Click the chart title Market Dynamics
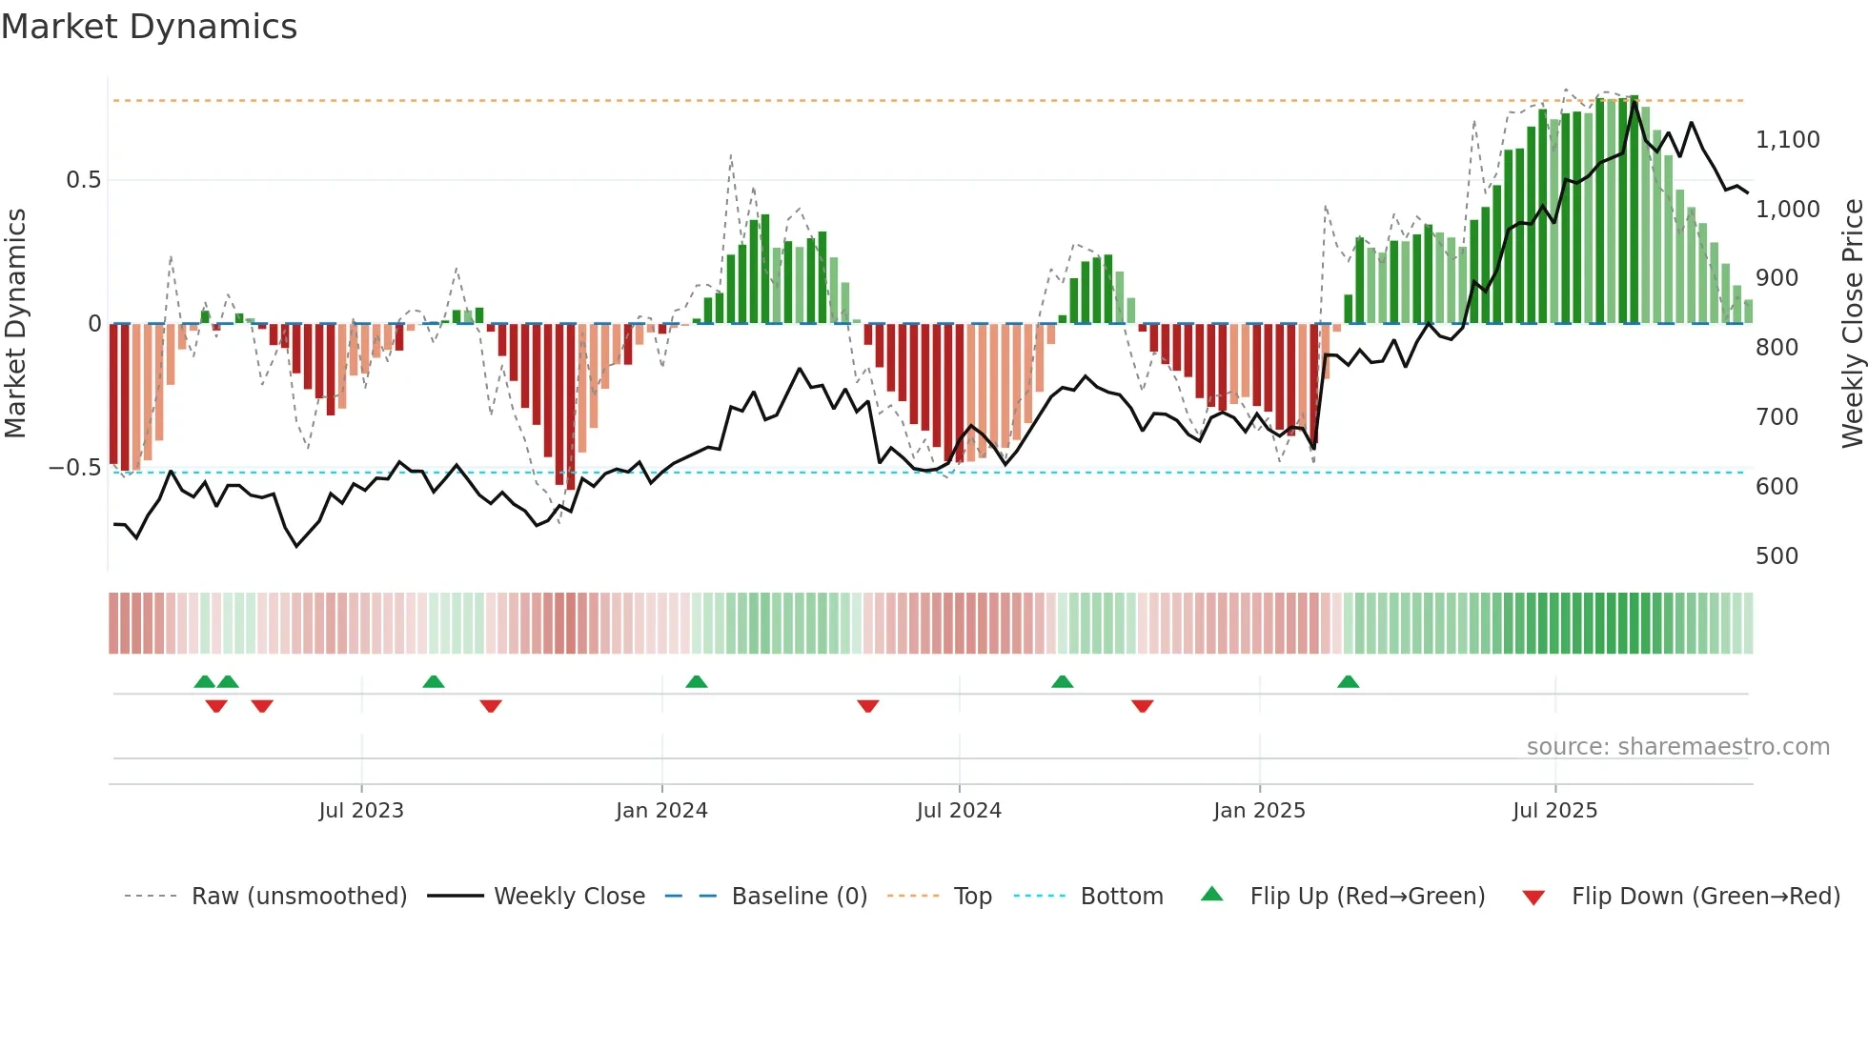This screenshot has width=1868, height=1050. tap(149, 27)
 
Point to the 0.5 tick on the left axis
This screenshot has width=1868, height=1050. tap(83, 180)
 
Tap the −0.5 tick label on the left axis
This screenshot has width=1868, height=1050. tap(75, 468)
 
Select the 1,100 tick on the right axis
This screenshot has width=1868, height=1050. tap(1787, 140)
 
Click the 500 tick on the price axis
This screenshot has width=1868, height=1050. tap(1777, 556)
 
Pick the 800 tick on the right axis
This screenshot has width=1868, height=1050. tap(1777, 348)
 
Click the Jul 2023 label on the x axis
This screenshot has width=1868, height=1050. tap(361, 811)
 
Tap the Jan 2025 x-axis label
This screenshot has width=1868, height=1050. tap(1259, 811)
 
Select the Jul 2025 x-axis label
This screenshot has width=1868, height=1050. tap(1554, 811)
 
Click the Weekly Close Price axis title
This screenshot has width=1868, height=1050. tap(1852, 324)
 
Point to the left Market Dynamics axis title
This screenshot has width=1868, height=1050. tap(15, 324)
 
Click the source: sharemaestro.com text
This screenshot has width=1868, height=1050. tap(1677, 747)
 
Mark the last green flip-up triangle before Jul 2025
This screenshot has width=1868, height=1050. tap(1348, 682)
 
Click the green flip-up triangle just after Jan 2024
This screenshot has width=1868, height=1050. tap(697, 682)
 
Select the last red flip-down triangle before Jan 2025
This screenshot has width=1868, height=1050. tap(1143, 706)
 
